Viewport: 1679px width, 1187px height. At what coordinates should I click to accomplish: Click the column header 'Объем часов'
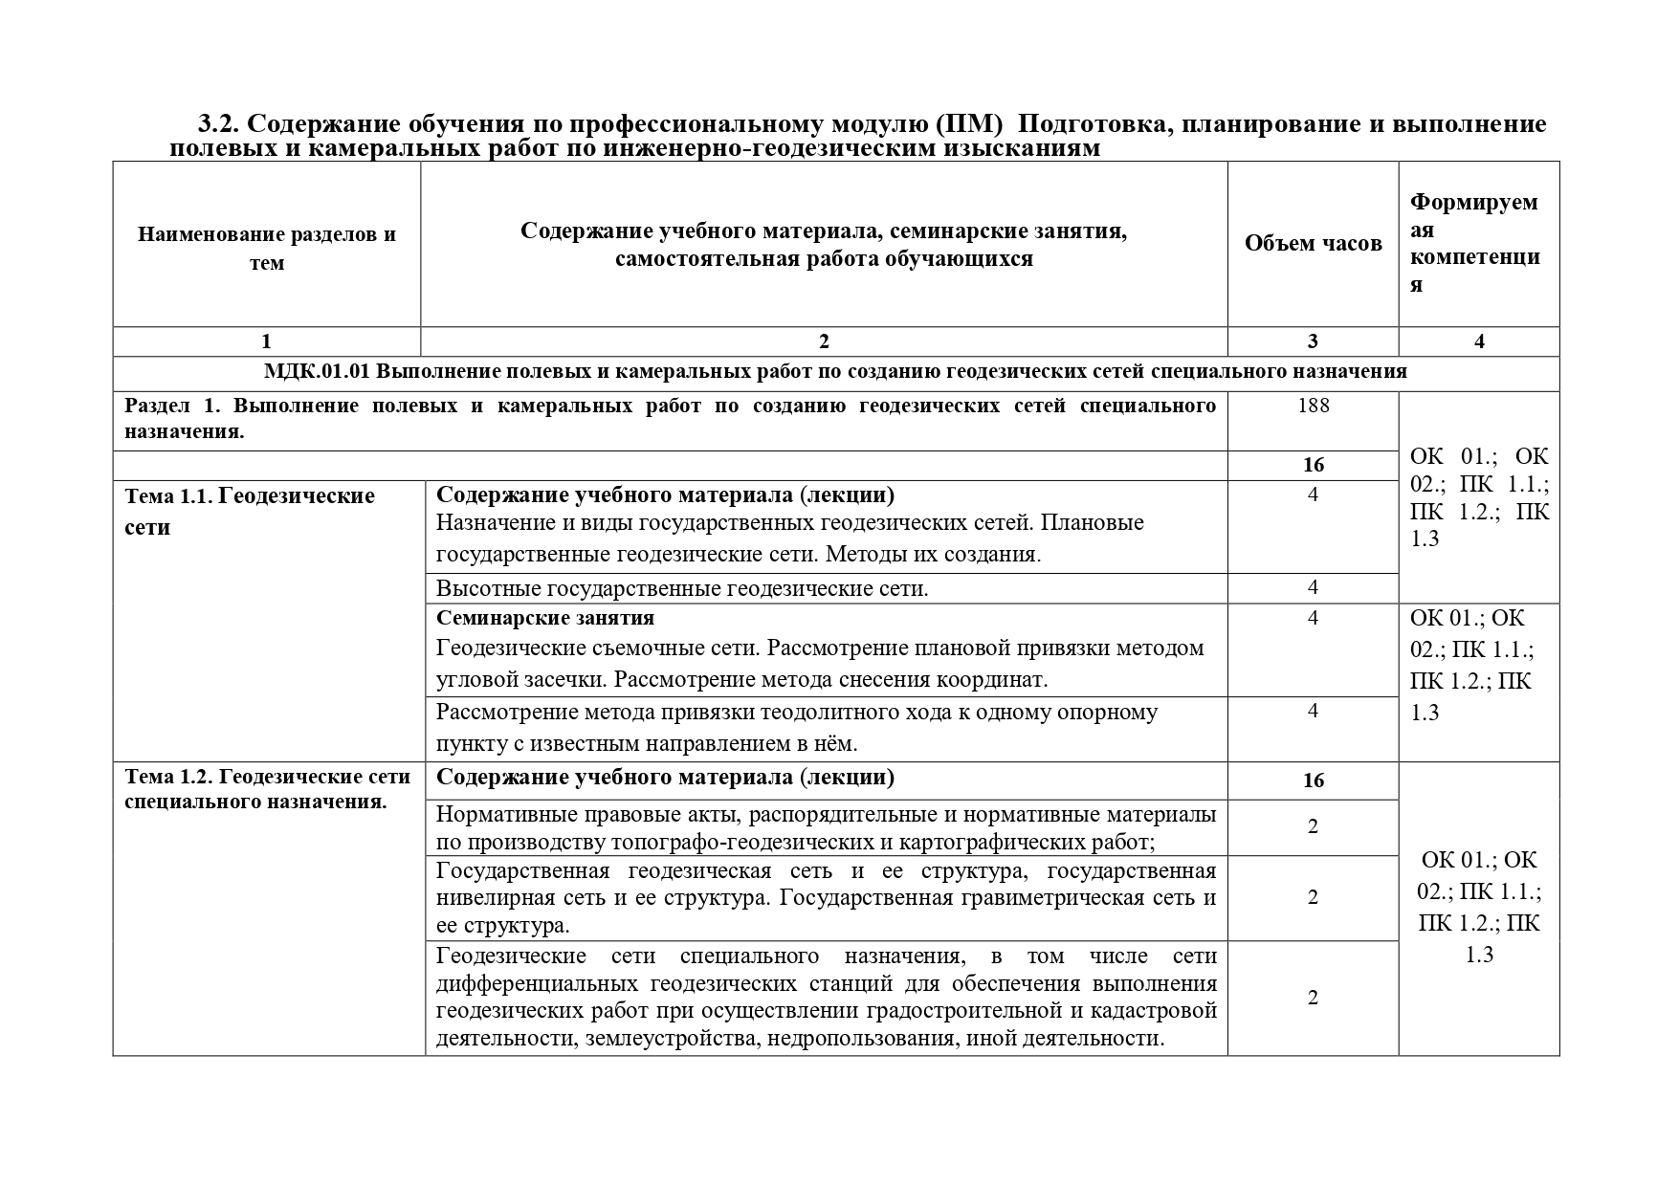point(1313,244)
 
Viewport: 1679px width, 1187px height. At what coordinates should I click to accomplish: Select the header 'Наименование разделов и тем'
point(266,249)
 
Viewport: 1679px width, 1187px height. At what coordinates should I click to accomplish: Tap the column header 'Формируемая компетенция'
point(1474,243)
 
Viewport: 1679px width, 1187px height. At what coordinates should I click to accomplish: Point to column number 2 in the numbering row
point(824,341)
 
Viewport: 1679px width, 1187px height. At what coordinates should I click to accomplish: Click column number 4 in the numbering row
point(1479,341)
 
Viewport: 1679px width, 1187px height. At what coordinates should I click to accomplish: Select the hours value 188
point(1313,406)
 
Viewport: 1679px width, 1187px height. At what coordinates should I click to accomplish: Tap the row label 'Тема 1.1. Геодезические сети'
point(250,511)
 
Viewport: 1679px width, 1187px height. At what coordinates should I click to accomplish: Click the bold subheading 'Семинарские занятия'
point(545,618)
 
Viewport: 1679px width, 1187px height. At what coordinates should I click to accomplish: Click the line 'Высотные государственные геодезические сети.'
point(682,588)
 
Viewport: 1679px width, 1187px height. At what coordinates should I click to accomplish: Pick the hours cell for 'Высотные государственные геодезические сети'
point(1313,587)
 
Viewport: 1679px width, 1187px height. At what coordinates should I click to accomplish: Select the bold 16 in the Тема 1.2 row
point(1313,780)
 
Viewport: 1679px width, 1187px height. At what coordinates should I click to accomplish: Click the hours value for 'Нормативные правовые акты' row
point(1313,826)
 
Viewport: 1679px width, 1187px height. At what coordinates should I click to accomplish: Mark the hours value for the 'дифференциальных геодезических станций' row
point(1313,998)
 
